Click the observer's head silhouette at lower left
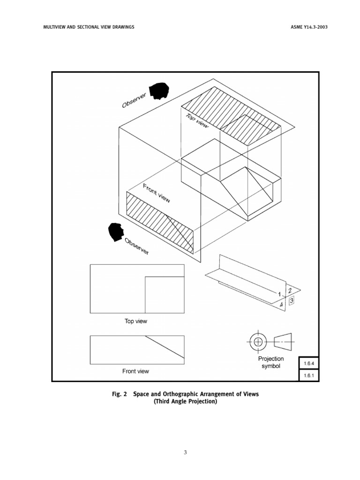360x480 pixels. (116, 232)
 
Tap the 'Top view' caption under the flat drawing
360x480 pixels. (135, 322)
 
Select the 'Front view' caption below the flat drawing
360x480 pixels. (135, 371)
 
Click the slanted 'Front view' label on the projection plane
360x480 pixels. (157, 193)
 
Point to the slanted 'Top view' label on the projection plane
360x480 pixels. (197, 121)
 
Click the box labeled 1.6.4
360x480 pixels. (308, 363)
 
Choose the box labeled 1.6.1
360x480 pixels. (308, 375)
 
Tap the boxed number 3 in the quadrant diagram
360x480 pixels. (292, 300)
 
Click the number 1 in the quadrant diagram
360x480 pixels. (280, 294)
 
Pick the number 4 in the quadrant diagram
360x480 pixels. (282, 305)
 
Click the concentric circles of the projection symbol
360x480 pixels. (257, 342)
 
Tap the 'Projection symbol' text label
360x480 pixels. (271, 362)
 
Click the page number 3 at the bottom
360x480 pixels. (185, 452)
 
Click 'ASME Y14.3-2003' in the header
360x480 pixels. (309, 27)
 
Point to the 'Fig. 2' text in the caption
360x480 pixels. (119, 394)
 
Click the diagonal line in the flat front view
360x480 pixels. (164, 346)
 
